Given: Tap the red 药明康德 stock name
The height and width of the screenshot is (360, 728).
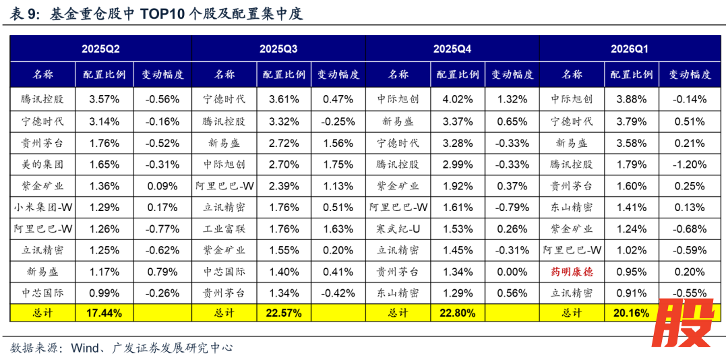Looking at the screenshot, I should tap(572, 272).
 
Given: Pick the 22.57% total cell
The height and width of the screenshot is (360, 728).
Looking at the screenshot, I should tap(283, 313).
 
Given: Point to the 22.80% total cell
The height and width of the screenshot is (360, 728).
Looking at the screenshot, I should tap(458, 313).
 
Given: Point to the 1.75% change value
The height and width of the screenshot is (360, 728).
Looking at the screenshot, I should tap(338, 164).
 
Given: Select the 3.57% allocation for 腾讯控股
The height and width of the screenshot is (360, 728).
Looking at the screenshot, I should tap(104, 99).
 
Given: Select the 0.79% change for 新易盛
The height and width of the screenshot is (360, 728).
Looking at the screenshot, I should tap(162, 272).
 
